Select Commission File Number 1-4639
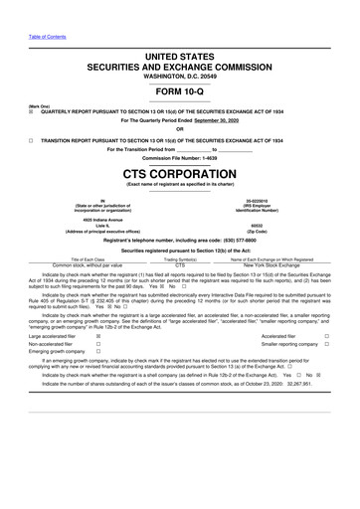pyautogui.click(x=180, y=158)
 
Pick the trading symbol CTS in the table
pyautogui.click(x=180, y=265)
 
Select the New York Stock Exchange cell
pyautogui.click(x=270, y=265)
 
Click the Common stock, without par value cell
pyautogui.click(x=90, y=265)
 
